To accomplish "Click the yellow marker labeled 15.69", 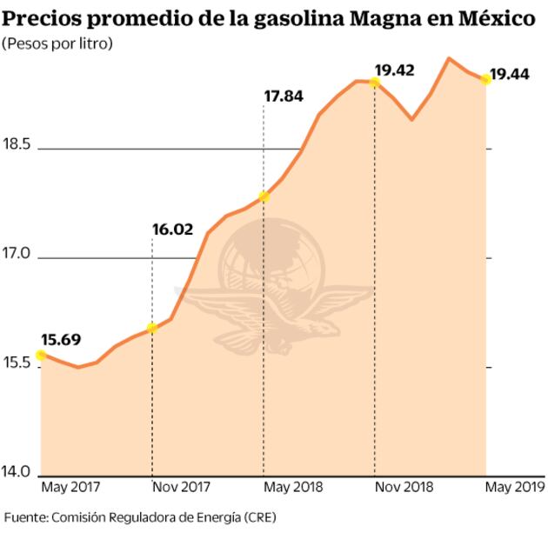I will tap(40, 355).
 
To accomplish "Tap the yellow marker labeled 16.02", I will tap(152, 328).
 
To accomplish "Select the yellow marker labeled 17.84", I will tap(264, 197).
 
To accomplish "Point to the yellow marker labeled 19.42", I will tap(374, 82).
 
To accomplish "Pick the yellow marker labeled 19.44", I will tap(485, 79).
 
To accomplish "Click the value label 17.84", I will tap(283, 96).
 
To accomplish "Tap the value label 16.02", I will tap(171, 230).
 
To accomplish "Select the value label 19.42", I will tap(393, 70).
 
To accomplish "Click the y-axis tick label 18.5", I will tap(17, 144).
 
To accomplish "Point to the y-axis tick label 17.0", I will tap(17, 254).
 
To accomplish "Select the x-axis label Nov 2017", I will tap(182, 486).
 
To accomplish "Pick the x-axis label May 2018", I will tap(293, 486).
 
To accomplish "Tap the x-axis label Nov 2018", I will tap(404, 486).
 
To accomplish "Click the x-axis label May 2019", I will tap(515, 486).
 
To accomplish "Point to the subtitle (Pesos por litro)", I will tap(58, 43).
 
